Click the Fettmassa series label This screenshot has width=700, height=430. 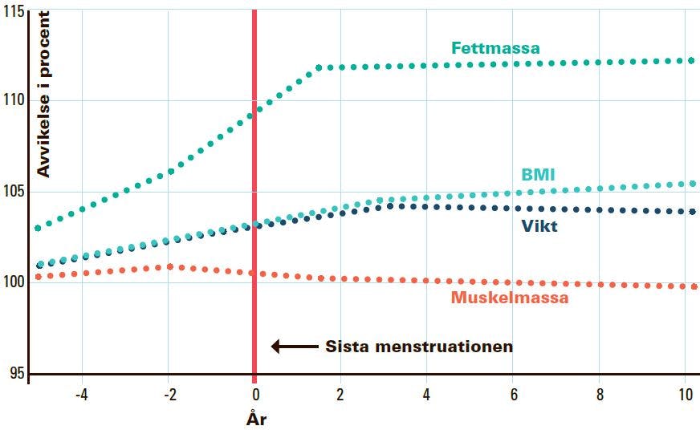point(495,48)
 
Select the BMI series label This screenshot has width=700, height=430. point(538,174)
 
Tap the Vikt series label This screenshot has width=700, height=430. point(539,226)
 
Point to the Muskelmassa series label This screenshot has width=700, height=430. point(509,298)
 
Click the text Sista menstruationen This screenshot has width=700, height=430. point(418,347)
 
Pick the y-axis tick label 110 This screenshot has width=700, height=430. point(13,100)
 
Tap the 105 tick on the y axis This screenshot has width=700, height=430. point(13,192)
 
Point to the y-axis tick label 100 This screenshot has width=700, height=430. point(13,282)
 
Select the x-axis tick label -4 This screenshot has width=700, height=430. point(81,395)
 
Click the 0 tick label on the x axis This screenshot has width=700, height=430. point(254,395)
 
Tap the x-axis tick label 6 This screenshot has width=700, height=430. point(512,395)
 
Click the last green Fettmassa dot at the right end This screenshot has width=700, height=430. point(691,60)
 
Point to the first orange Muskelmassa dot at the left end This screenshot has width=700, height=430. point(37,276)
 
